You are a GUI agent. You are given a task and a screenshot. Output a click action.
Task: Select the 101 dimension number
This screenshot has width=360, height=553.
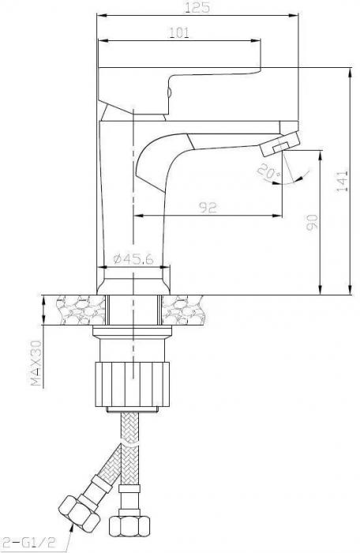179,32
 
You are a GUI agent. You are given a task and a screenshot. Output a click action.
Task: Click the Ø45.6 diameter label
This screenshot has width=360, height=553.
133,258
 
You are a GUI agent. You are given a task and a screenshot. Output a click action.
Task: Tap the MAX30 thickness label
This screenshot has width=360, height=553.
36,363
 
